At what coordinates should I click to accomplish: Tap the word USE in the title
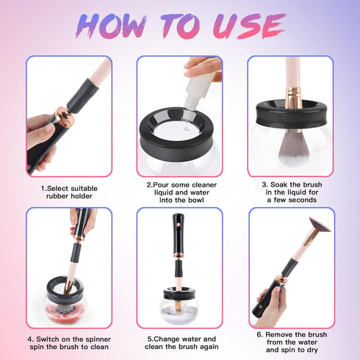pos(245,26)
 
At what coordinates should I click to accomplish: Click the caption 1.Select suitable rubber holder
pos(69,192)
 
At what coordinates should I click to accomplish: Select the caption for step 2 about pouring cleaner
pos(179,192)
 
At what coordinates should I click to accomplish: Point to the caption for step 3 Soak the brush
pos(289,192)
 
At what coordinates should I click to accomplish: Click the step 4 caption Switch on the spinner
pos(69,343)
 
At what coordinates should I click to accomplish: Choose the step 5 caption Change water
pos(179,343)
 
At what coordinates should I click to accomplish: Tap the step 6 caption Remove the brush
pos(289,343)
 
